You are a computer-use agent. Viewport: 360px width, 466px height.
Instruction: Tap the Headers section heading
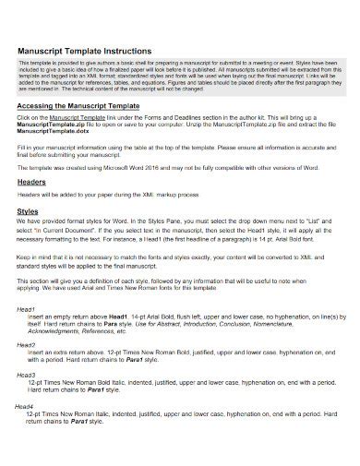[x=32, y=183]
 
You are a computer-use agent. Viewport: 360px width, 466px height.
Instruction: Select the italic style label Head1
[x=27, y=309]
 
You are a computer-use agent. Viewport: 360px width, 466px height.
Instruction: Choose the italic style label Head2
[x=27, y=343]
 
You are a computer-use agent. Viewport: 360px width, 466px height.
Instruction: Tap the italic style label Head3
[x=27, y=375]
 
